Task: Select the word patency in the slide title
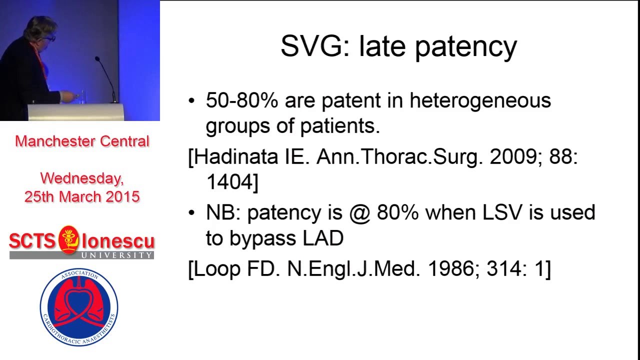466,47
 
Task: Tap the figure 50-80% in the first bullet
241,100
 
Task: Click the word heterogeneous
480,100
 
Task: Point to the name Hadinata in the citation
235,157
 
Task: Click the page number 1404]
232,182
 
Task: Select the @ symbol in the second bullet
360,212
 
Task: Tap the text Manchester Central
82,141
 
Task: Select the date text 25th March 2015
82,196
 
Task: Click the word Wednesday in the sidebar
81,178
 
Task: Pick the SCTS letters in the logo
32,241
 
